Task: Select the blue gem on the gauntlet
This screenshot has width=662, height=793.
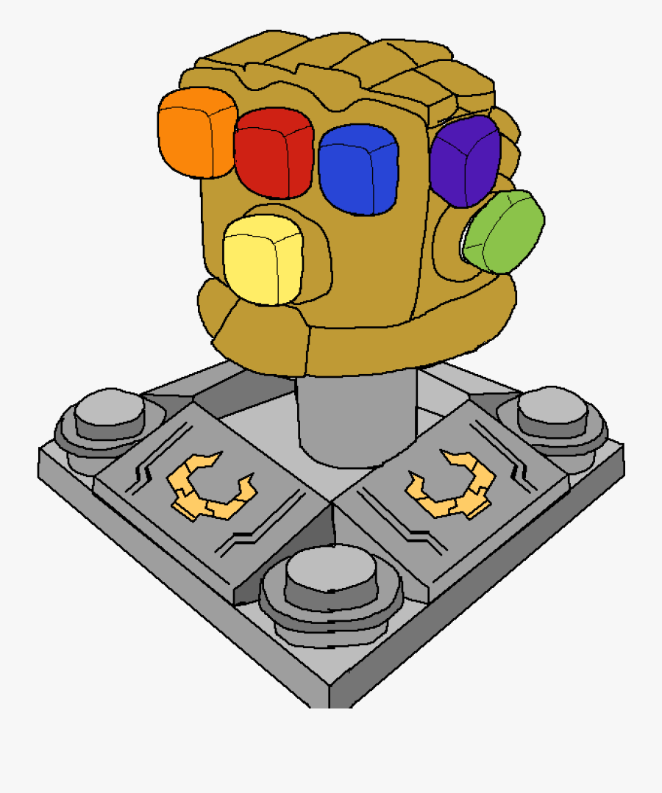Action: (358, 169)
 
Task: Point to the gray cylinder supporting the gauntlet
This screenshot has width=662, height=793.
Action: (357, 419)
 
